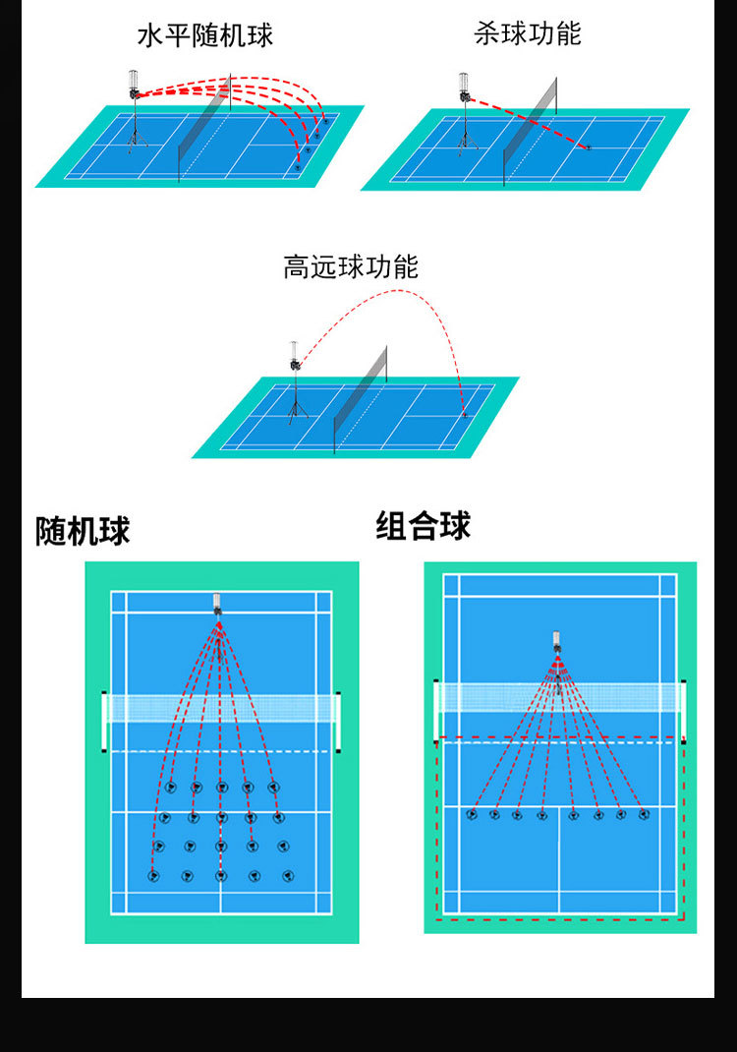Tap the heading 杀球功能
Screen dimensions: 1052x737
point(528,34)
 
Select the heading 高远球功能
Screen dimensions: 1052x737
point(351,267)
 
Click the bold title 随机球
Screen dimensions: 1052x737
point(83,532)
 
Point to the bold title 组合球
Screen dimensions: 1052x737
point(423,527)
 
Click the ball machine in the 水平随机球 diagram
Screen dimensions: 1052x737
point(134,86)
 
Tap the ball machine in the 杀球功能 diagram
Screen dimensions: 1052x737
point(464,88)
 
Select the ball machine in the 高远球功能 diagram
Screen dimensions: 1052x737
point(294,357)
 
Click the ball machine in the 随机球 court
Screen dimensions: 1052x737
point(217,603)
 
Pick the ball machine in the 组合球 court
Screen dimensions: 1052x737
point(556,645)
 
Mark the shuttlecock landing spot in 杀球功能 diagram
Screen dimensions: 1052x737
point(589,148)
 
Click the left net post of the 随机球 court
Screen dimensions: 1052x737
point(104,722)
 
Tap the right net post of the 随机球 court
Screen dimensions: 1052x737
point(339,722)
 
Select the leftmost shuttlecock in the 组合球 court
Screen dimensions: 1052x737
point(472,814)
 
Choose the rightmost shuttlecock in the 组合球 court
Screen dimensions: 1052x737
point(644,814)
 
